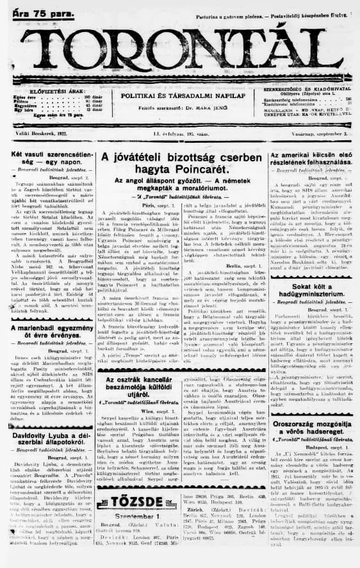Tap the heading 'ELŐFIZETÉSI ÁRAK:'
(48, 90)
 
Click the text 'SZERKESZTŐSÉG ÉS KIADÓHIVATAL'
(308, 88)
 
